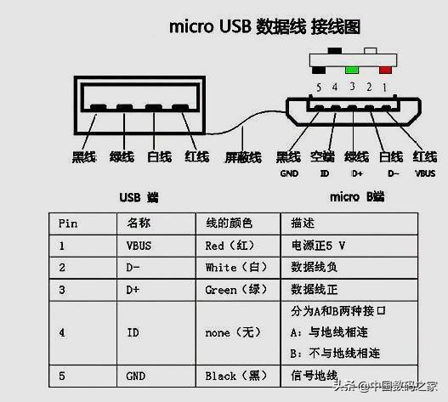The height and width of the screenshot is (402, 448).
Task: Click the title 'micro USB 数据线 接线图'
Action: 264,27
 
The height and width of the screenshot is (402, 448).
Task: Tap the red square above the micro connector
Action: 385,69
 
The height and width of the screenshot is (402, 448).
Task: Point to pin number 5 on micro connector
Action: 318,88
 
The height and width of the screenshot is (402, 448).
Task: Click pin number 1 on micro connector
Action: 385,88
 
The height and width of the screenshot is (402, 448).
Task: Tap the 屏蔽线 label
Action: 242,157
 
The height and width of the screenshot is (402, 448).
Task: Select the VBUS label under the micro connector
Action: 424,173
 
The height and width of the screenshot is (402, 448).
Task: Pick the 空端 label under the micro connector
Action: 322,157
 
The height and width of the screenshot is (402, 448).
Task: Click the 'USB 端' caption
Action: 139,198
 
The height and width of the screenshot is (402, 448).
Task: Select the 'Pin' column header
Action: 67,224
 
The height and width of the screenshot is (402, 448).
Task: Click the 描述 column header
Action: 302,224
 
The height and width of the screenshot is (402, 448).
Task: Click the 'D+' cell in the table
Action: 133,289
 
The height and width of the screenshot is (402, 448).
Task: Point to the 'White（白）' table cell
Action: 233,268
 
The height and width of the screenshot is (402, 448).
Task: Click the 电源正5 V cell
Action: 320,246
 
